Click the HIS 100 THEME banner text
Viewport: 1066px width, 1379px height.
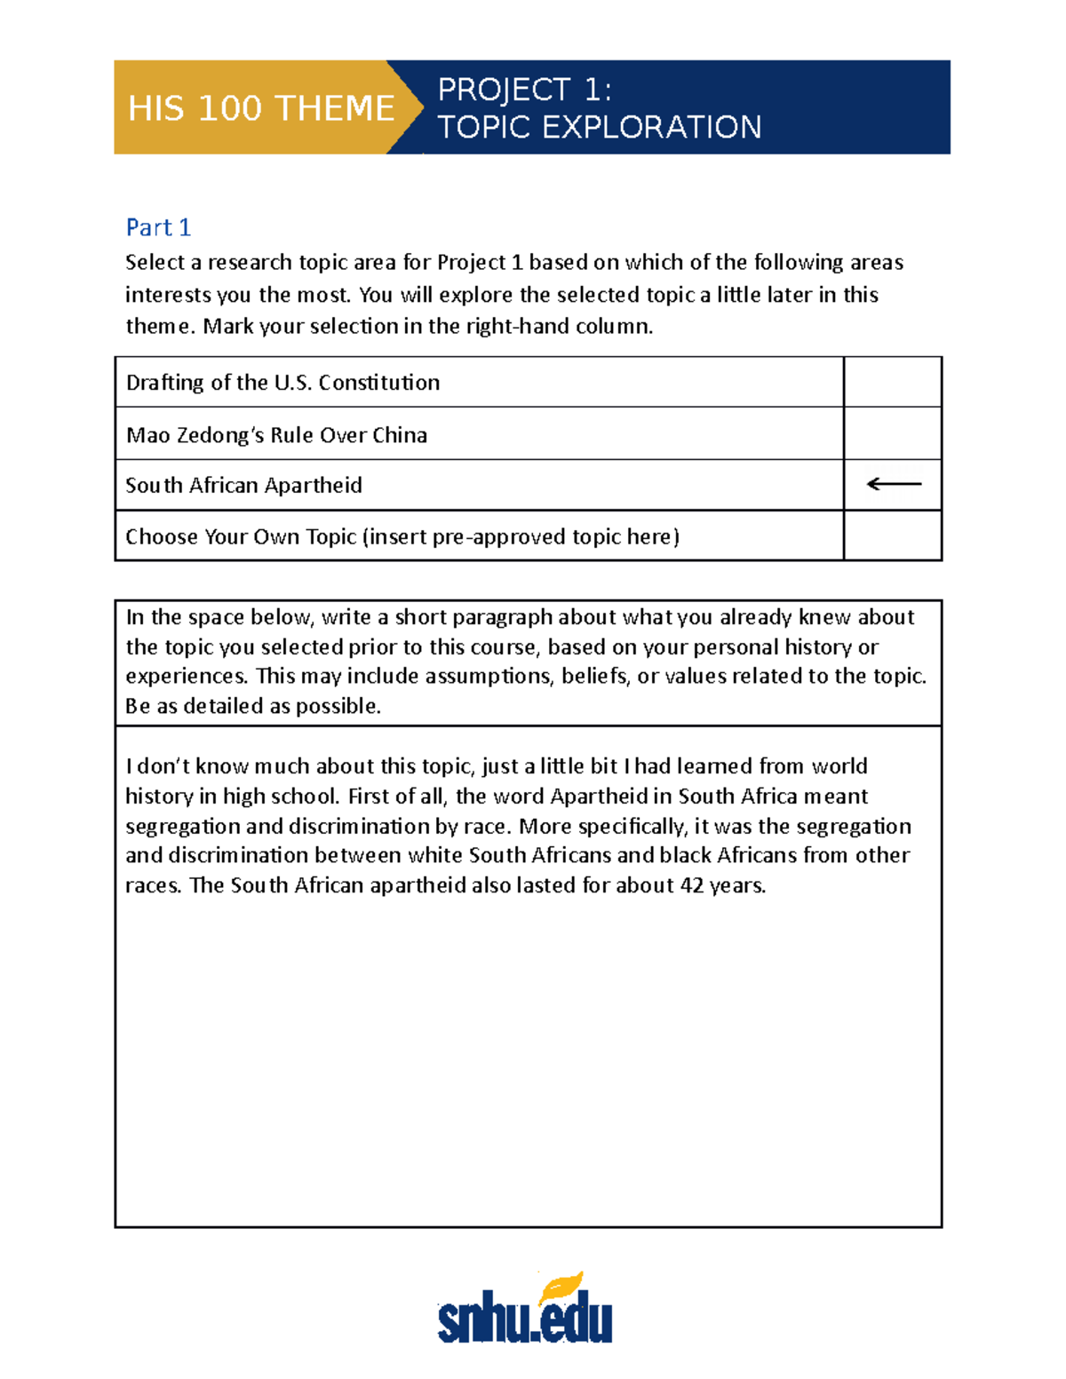pyautogui.click(x=260, y=108)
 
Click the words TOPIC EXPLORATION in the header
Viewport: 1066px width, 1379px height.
pyautogui.click(x=600, y=127)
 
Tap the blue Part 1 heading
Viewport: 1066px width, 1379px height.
pyautogui.click(x=158, y=227)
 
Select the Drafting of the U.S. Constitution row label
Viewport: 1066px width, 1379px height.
pyautogui.click(x=282, y=383)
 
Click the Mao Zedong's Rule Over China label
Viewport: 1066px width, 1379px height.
pyautogui.click(x=276, y=435)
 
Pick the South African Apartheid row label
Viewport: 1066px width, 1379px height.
pyautogui.click(x=243, y=485)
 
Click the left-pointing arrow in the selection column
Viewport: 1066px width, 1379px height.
pyautogui.click(x=893, y=484)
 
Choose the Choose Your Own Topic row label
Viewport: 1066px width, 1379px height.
pyautogui.click(x=402, y=536)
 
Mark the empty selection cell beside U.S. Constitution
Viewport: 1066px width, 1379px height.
pyautogui.click(x=892, y=382)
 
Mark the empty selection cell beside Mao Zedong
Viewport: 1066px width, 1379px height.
pyautogui.click(x=892, y=433)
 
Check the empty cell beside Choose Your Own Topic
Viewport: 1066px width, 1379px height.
pyautogui.click(x=892, y=535)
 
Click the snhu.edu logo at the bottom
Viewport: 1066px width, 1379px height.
pyautogui.click(x=525, y=1320)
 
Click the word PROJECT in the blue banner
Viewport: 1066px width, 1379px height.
pyautogui.click(x=504, y=90)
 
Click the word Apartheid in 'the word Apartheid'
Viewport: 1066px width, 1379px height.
pyautogui.click(x=599, y=796)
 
